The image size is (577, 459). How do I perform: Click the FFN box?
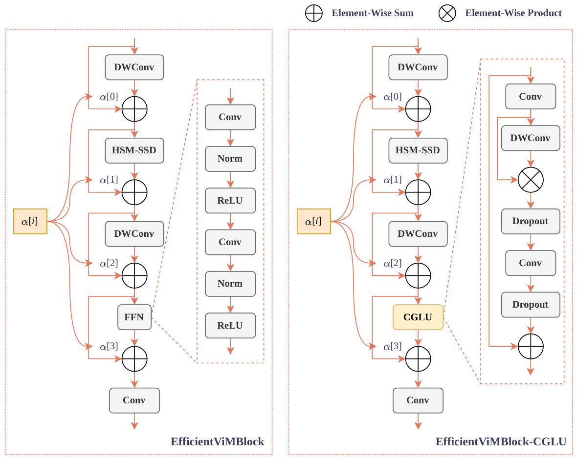pos(134,317)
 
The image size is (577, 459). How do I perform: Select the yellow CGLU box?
pos(418,317)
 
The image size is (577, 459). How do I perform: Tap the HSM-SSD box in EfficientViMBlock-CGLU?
pos(418,151)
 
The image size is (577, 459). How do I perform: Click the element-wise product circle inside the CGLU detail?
pos(531,180)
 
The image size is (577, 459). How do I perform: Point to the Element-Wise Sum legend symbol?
pos(314,13)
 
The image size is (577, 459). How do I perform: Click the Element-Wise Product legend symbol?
pos(447,13)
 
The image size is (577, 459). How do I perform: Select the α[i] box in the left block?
pos(30,221)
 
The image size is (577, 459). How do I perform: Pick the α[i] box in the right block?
pos(314,221)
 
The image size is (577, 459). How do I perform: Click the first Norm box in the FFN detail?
pos(230,159)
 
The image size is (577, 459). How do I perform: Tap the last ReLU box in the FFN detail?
pos(230,326)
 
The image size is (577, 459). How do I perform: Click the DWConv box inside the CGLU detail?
pos(531,138)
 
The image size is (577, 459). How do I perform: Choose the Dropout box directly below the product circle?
pos(531,221)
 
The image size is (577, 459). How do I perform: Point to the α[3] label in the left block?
pos(109,346)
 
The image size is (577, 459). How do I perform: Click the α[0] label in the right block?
pos(393,97)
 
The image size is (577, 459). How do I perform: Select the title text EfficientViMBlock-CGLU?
pos(501,441)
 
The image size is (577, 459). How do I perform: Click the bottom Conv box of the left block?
pos(134,400)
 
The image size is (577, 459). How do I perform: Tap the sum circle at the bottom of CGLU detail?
pos(531,346)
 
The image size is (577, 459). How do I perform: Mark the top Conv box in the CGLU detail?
pos(531,97)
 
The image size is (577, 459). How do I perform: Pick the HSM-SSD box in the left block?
pos(134,151)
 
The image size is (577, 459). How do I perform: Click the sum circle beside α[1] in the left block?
pos(134,192)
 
